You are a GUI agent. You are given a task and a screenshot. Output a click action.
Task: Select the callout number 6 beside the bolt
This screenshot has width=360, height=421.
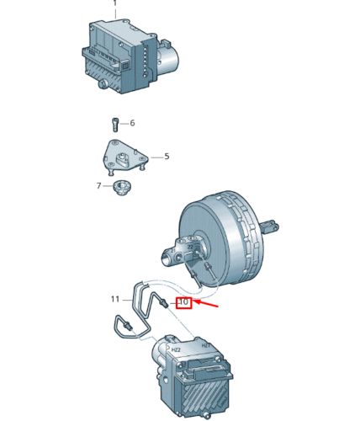(x=132, y=124)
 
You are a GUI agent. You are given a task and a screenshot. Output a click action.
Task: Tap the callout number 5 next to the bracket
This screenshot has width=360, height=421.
(x=167, y=156)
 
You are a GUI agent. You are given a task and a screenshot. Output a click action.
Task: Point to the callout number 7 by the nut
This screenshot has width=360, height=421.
(x=98, y=185)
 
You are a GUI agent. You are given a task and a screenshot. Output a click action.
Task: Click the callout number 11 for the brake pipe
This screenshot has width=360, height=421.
(x=116, y=298)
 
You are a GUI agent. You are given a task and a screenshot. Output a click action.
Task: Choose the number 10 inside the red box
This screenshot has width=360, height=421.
(x=183, y=301)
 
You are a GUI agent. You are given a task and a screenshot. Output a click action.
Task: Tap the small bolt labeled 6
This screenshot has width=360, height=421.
(x=114, y=125)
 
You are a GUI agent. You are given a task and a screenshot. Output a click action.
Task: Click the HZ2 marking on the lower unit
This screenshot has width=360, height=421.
(x=175, y=348)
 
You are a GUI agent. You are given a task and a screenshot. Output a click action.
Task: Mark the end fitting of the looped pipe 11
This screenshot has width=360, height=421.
(x=124, y=323)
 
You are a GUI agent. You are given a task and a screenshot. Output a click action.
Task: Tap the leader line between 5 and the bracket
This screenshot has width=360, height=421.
(x=155, y=157)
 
